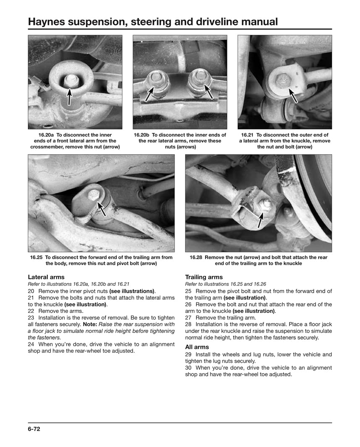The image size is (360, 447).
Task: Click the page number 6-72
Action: point(34,429)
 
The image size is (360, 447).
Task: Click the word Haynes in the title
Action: point(47,21)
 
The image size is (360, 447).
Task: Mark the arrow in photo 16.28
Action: point(261,219)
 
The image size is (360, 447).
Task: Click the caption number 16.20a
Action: point(47,135)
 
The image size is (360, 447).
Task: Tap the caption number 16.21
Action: point(248,135)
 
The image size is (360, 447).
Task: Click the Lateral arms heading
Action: point(46,277)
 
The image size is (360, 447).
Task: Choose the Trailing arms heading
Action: point(204,277)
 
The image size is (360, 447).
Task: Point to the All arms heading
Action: point(197,347)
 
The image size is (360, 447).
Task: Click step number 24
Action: point(31,344)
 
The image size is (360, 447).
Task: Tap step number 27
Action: point(188,318)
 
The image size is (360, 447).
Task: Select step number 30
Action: point(188,368)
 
